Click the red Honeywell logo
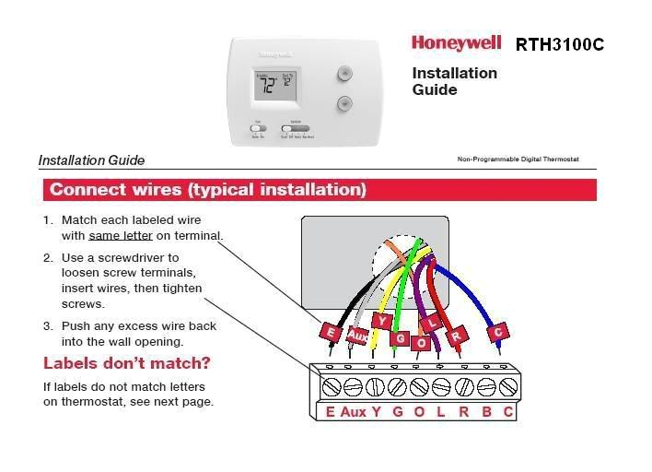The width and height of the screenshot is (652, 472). click(x=456, y=42)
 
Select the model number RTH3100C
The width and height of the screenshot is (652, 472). click(x=560, y=44)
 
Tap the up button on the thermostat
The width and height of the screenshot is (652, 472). click(x=344, y=73)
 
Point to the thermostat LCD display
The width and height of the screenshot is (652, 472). click(x=274, y=88)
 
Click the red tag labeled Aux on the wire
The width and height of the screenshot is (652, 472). click(x=357, y=336)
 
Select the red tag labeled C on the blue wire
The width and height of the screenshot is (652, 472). click(x=499, y=331)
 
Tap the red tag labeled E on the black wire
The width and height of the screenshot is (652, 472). click(x=329, y=331)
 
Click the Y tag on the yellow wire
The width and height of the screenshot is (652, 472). click(x=385, y=321)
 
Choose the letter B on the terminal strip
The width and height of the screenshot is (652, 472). click(x=486, y=411)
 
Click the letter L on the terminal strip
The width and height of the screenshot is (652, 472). click(x=441, y=411)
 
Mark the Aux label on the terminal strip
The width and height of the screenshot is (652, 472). click(x=353, y=411)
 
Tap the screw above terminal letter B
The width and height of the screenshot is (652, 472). click(x=486, y=385)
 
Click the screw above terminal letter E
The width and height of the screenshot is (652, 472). click(x=330, y=385)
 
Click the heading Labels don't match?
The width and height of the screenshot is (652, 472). click(x=127, y=362)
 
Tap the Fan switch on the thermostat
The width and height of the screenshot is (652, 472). click(x=260, y=129)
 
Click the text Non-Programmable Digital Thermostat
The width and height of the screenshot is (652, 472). click(x=518, y=159)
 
